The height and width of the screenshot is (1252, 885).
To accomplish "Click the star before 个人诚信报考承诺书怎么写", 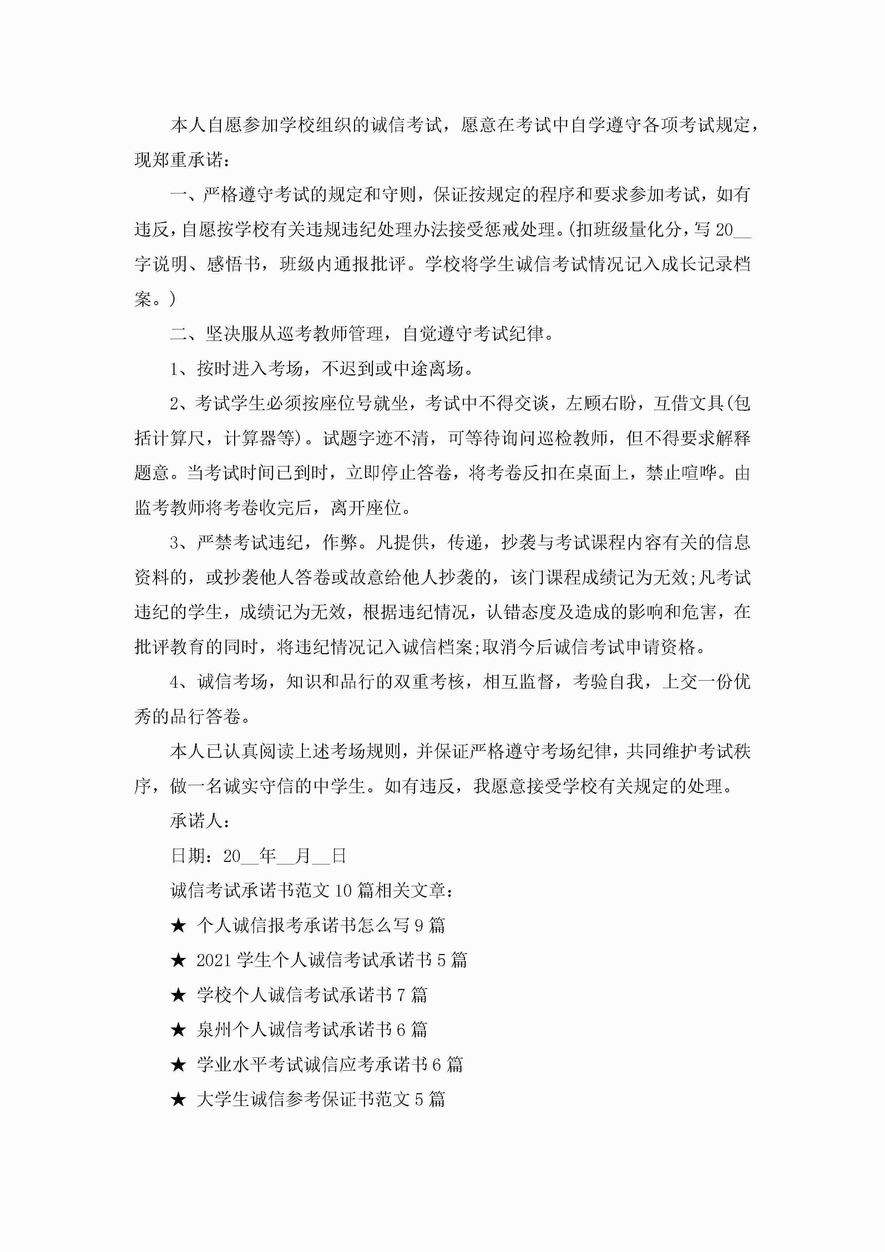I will [178, 925].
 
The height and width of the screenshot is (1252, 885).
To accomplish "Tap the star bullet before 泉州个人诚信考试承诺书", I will [178, 1030].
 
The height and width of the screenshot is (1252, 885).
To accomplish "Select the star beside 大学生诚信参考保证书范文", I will [178, 1099].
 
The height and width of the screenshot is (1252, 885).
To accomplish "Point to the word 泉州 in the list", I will [214, 1030].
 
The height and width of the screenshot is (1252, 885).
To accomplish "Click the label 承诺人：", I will [200, 821].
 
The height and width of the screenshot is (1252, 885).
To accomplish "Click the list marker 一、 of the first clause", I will [186, 195].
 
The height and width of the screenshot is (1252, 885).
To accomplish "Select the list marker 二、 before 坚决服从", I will [186, 334].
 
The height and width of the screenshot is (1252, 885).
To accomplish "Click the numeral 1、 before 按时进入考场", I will [182, 369].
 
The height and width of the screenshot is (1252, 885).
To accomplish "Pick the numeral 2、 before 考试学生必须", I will [182, 404].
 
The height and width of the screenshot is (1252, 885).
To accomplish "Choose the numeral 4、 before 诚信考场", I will [182, 682].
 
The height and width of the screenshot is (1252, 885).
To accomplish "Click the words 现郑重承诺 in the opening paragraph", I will [178, 160].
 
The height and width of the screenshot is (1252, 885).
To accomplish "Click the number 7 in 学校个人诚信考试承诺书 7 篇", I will [401, 995].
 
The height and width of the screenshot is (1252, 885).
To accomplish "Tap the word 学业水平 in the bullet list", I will [232, 1064].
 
